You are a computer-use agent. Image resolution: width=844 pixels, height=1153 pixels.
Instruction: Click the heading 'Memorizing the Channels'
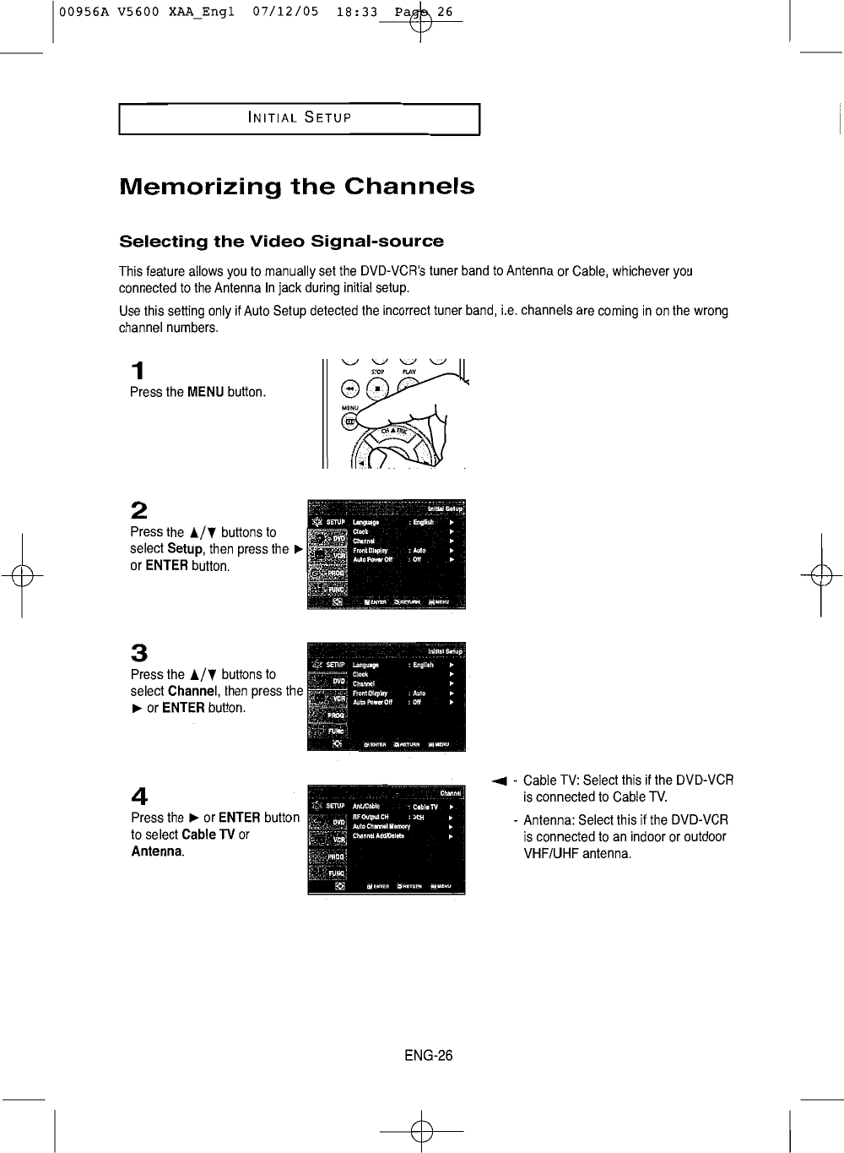[297, 187]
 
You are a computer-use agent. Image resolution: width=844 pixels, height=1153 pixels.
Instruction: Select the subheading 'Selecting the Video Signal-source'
[282, 242]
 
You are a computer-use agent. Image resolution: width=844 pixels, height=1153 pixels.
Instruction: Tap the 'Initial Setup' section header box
[300, 118]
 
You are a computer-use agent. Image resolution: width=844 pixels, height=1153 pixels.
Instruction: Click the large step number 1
[138, 371]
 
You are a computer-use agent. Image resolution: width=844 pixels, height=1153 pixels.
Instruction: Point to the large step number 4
[140, 796]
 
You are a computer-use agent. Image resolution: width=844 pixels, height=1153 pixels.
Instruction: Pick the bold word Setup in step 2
[187, 549]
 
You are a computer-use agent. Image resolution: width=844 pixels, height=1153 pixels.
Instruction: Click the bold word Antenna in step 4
[157, 851]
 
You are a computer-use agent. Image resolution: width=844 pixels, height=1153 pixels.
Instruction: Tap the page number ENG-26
[429, 1055]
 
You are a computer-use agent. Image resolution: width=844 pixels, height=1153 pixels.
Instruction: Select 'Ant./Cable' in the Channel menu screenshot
[366, 806]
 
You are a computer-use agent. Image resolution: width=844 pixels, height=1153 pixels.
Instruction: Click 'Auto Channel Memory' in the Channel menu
[381, 827]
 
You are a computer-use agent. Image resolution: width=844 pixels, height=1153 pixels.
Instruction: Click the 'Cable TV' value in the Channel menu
[425, 806]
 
